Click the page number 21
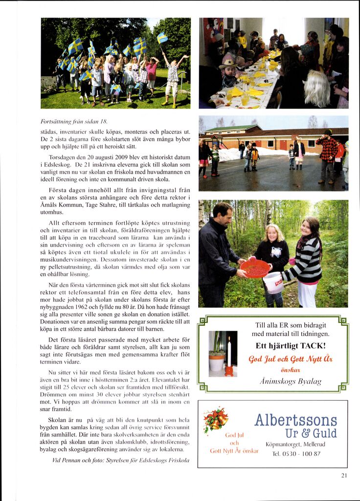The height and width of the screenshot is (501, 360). click(x=344, y=475)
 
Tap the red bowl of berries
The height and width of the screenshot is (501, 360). click(x=255, y=268)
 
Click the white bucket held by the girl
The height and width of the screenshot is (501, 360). click(x=273, y=282)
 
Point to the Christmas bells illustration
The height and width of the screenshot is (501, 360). click(x=216, y=420)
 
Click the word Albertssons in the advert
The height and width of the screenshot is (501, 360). click(x=295, y=420)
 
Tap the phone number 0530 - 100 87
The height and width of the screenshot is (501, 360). click(x=296, y=454)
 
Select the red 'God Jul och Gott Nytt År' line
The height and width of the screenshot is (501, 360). click(x=291, y=359)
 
